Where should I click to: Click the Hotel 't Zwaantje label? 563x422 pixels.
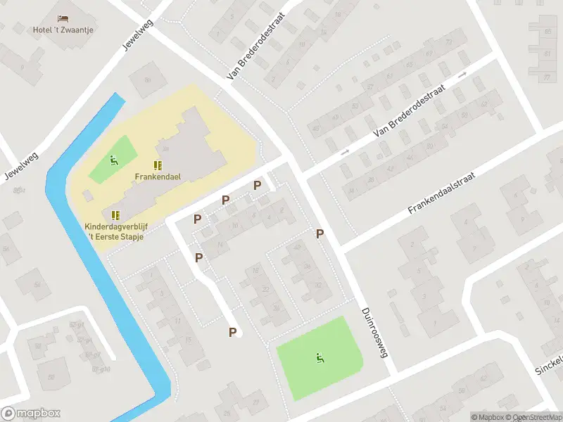coord(63,30)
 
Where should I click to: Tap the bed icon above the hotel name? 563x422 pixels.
coord(63,17)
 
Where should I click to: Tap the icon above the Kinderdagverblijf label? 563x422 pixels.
coord(115,215)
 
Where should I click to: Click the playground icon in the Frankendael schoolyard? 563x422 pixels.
coord(113,159)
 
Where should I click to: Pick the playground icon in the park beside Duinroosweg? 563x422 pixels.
coord(320,358)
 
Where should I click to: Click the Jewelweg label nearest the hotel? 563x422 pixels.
coord(138,33)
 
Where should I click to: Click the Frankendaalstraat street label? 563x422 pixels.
coord(443,191)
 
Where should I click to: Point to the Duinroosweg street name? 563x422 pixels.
coord(374,333)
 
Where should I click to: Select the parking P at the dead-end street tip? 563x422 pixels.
coord(232,332)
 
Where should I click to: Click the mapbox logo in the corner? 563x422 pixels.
coord(31,414)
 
